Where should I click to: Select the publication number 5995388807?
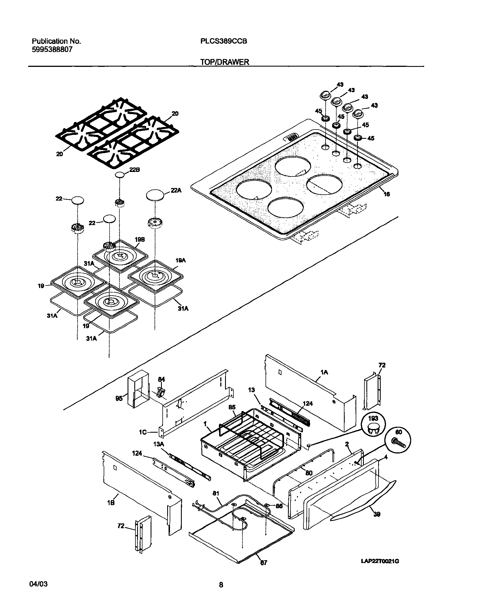pos(52,49)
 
